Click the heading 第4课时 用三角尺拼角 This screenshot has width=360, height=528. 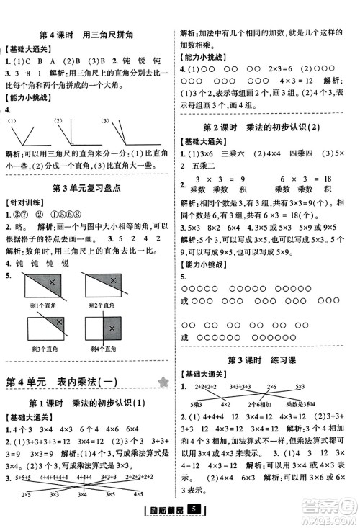pyautogui.click(x=89, y=35)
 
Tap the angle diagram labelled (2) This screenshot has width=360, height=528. pyautogui.click(x=78, y=133)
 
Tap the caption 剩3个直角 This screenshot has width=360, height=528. pyautogui.click(x=48, y=350)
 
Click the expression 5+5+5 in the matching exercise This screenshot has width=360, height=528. pyautogui.click(x=30, y=478)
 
